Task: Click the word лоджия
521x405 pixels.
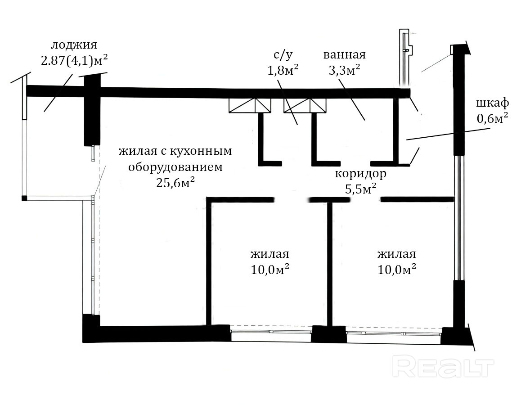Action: pyautogui.click(x=74, y=45)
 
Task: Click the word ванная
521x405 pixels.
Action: pyautogui.click(x=344, y=54)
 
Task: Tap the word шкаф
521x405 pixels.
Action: pyautogui.click(x=492, y=103)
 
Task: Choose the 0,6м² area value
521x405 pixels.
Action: pyautogui.click(x=492, y=118)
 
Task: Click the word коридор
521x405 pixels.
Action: pyautogui.click(x=360, y=174)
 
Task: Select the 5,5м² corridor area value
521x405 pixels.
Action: pyautogui.click(x=361, y=189)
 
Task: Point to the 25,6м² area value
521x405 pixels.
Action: pyautogui.click(x=175, y=182)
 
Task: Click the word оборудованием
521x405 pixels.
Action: pyautogui.click(x=175, y=167)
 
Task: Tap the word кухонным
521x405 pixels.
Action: pyautogui.click(x=201, y=151)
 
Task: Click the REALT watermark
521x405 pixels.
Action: pyautogui.click(x=443, y=366)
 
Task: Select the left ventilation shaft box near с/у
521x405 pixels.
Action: pyautogui.click(x=250, y=105)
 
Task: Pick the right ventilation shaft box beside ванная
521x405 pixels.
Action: pyautogui.click(x=305, y=105)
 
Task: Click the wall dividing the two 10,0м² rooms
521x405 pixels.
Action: pyautogui.click(x=330, y=264)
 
